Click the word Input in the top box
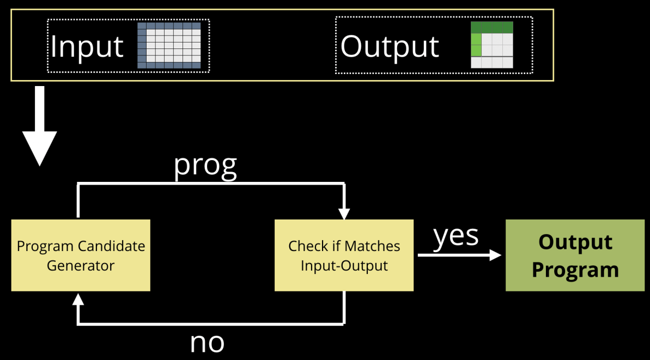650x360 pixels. (87, 46)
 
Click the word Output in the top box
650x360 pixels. (390, 46)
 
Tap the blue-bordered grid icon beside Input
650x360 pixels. (169, 46)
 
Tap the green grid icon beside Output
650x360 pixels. (492, 45)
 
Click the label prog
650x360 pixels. (205, 165)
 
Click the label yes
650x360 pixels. (456, 235)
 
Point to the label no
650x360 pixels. (207, 342)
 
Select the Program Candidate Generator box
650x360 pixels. (81, 255)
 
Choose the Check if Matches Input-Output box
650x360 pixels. (344, 255)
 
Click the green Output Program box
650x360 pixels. (575, 255)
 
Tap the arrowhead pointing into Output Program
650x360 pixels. (495, 255)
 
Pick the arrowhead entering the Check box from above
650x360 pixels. (344, 214)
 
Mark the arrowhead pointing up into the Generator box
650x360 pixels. (78, 298)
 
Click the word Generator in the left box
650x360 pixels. (81, 266)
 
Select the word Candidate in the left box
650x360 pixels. (112, 246)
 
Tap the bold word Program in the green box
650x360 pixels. (575, 270)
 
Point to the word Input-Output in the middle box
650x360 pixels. (344, 266)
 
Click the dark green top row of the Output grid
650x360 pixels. (492, 27)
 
